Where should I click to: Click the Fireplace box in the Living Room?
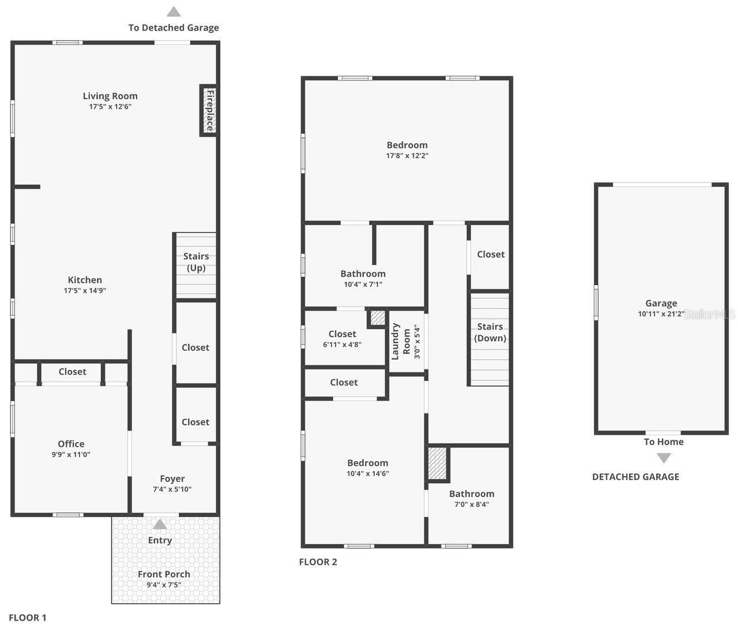pos(209,110)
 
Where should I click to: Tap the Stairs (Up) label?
pos(196,262)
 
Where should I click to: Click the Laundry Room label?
pos(402,341)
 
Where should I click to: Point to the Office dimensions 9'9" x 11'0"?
pos(71,454)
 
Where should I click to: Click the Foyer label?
pos(172,479)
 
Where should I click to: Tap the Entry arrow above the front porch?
pos(160,525)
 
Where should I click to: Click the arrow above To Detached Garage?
pos(174,12)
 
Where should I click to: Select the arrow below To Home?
pos(664,458)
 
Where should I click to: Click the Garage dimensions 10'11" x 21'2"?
pos(661,314)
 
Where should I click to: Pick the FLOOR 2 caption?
pos(318,562)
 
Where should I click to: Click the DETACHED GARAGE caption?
pos(635,477)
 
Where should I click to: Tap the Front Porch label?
pos(164,574)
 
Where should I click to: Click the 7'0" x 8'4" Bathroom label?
pos(472,494)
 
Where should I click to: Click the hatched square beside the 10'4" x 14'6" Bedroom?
pos(438,463)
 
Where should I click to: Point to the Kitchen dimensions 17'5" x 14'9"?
pos(85,290)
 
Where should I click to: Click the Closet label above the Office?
pos(72,372)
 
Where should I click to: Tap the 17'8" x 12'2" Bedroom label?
pos(407,145)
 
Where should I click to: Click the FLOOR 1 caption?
pos(28,618)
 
